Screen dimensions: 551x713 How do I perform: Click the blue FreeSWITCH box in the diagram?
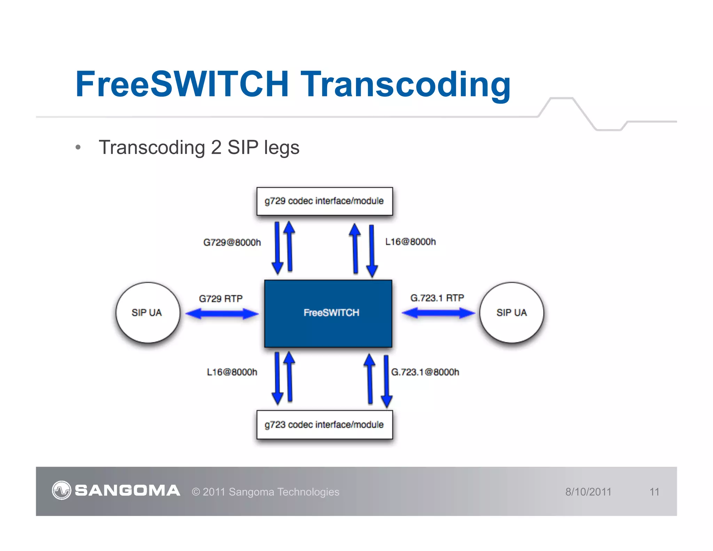pos(328,313)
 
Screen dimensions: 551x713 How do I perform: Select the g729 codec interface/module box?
pos(324,201)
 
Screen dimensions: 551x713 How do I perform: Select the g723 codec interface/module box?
pos(324,425)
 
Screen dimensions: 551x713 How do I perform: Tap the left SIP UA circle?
pos(148,312)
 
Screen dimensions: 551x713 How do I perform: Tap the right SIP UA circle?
pos(511,312)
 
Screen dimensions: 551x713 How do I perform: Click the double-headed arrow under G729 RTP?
pos(222,314)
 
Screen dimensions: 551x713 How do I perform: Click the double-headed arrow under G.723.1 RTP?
pos(438,313)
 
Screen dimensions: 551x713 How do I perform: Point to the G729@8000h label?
pos(232,242)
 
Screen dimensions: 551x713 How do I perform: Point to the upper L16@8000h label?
pos(410,242)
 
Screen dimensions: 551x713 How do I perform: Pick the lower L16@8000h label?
pos(232,372)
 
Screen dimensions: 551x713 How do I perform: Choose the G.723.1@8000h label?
pos(425,372)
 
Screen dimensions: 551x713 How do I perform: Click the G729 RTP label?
pos(221,298)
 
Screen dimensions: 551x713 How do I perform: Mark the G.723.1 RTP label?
pos(437,298)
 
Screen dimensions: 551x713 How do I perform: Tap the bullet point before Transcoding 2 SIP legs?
pos(78,148)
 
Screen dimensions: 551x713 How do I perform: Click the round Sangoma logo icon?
pos(62,490)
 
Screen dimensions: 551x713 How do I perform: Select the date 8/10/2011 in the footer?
pos(588,492)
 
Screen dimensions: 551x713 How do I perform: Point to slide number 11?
pos(654,492)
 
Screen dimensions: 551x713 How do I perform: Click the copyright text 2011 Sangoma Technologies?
pos(266,492)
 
